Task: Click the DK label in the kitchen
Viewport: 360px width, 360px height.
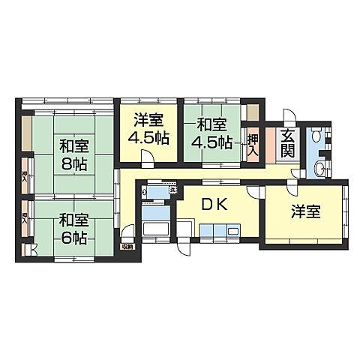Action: [212, 203]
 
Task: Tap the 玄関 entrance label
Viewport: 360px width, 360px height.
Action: [288, 142]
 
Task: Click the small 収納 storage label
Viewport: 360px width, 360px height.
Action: [127, 247]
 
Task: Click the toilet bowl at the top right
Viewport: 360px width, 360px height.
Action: [316, 135]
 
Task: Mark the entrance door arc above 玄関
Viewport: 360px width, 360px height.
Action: [289, 118]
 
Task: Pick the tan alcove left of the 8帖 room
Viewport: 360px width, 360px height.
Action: [26, 132]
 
